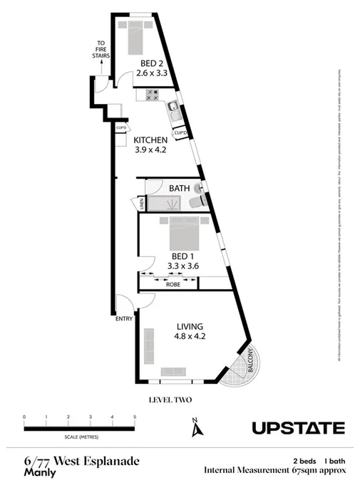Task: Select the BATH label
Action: click(179, 188)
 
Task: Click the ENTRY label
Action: click(124, 318)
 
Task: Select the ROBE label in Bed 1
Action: click(173, 284)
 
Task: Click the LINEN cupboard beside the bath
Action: click(142, 204)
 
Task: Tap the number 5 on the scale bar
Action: click(134, 416)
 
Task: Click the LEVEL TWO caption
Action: click(170, 400)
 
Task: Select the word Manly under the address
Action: click(40, 471)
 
